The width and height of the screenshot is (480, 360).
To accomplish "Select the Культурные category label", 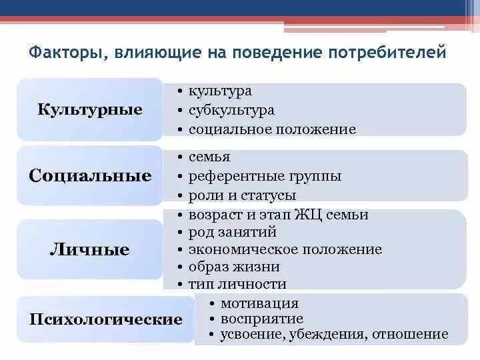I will (x=89, y=109).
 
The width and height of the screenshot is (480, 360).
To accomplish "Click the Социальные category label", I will (x=90, y=176).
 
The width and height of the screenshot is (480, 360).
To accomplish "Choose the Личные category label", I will (x=90, y=250).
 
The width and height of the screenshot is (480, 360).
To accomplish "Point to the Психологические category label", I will (x=106, y=319).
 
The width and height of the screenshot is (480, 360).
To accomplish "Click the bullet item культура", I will (x=220, y=91).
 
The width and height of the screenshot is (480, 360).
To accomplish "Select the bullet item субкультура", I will (x=231, y=110).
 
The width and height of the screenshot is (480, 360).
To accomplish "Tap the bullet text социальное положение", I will (x=272, y=129).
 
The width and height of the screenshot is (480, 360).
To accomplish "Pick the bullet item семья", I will (x=209, y=157).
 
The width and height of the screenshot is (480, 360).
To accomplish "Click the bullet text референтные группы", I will (x=265, y=177).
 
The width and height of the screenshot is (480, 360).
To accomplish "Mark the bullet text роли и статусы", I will (x=242, y=196).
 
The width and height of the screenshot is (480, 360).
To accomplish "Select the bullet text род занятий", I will (x=232, y=232).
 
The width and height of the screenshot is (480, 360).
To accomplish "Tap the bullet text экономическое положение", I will (x=285, y=249).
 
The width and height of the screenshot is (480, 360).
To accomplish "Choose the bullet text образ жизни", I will (x=234, y=267).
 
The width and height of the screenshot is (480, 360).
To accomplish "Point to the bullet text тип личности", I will (x=237, y=284).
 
